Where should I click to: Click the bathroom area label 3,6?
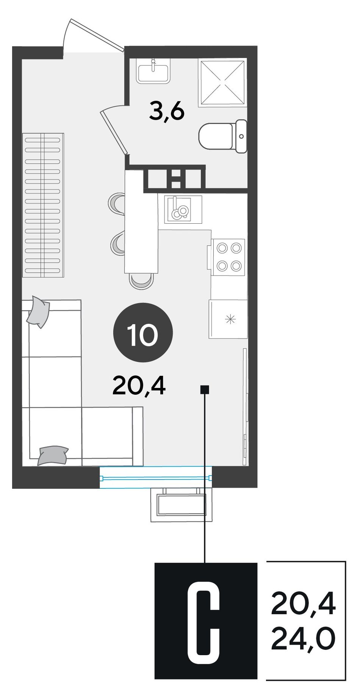tap(167, 112)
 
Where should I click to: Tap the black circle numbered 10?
tap(143, 333)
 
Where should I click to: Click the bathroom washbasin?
tap(153, 71)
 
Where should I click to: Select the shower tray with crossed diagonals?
tap(222, 82)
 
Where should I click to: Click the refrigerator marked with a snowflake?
tap(228, 319)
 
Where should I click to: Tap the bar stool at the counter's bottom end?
tap(141, 281)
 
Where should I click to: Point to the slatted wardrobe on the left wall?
tap(43, 205)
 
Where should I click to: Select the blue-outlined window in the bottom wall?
tap(156, 478)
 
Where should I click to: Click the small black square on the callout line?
tap(205, 389)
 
